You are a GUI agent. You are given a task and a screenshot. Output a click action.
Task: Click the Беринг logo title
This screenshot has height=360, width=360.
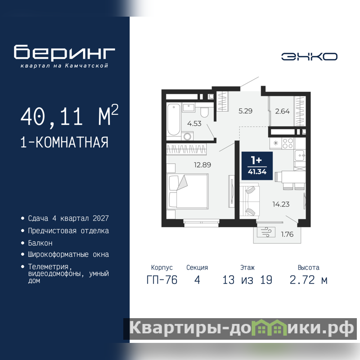tap(64, 52)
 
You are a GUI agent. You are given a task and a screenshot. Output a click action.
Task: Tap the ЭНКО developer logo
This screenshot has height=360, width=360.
tap(309, 57)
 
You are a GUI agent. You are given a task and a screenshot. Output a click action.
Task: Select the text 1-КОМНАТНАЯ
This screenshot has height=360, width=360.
tap(64, 142)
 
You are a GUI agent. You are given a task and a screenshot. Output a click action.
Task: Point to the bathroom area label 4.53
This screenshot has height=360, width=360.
tap(194, 123)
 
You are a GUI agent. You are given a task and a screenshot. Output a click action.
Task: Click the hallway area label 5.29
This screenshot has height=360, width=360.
tap(245, 111)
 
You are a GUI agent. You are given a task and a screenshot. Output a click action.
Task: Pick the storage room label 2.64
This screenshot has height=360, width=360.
tap(283, 111)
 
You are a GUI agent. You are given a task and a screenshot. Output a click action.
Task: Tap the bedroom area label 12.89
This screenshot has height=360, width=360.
tap(202, 165)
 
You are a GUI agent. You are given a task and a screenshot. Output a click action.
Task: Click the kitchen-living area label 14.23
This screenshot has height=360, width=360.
tap(281, 204)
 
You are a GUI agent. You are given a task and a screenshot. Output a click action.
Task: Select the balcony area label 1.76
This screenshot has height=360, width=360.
tap(287, 234)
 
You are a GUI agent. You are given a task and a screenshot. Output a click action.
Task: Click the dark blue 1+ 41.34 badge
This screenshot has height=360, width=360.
tap(257, 166)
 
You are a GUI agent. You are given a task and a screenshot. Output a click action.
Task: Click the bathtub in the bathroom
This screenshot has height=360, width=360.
tap(174, 120)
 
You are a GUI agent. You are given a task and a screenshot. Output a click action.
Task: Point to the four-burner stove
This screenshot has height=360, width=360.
tap(288, 143)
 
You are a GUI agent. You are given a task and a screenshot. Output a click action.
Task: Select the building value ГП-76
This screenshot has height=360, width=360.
tap(162, 280)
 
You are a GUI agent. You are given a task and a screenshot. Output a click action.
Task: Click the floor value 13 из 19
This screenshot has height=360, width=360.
tap(247, 280)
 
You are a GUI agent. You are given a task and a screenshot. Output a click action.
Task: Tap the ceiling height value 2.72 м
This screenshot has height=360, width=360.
tap(308, 280)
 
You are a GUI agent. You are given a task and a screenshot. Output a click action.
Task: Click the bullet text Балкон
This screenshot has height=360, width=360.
tap(40, 243)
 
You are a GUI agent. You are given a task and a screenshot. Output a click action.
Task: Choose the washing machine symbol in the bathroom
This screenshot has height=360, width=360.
tap(187, 136)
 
